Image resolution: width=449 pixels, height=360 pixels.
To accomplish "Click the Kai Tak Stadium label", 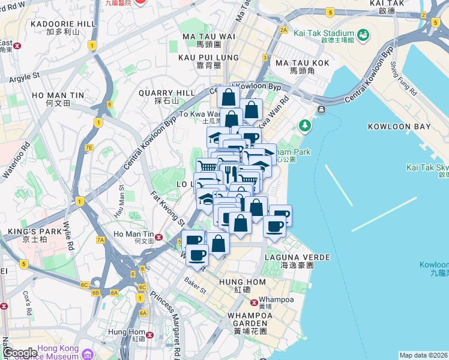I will [x=324, y=33].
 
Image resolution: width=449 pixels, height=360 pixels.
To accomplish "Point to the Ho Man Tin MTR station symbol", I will [x=159, y=237].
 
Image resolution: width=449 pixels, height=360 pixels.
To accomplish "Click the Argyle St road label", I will [x=24, y=77].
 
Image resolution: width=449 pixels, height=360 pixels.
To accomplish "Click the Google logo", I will [x=20, y=353].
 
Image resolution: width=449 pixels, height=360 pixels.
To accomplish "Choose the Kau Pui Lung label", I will [x=209, y=57].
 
